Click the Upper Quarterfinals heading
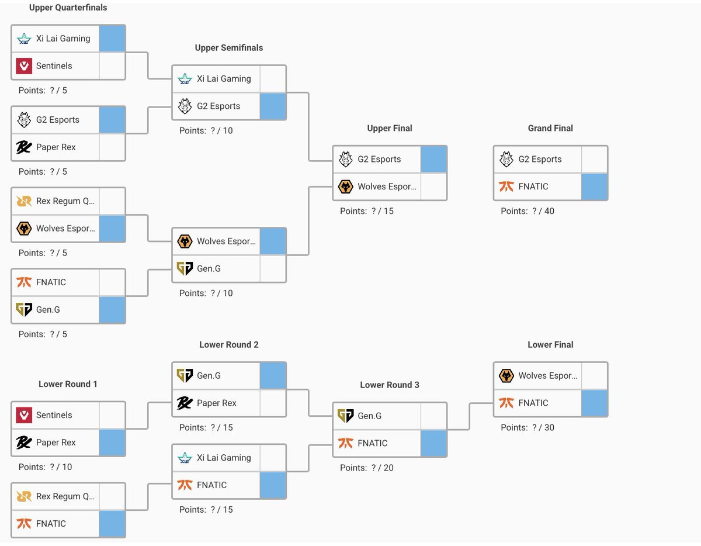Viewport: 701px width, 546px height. point(68,8)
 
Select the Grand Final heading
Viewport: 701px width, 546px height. point(550,128)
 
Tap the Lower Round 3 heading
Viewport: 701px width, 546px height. point(390,385)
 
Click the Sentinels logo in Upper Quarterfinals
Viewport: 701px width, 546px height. point(23,66)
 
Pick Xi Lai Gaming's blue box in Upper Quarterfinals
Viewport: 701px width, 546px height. point(112,39)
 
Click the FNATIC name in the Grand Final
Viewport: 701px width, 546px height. point(533,186)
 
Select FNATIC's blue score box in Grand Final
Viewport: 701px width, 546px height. point(594,186)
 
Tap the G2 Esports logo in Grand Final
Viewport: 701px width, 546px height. point(506,159)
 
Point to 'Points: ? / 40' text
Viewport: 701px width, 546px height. point(528,211)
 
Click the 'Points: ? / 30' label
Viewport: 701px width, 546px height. point(528,427)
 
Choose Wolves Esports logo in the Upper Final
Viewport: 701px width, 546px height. point(346,186)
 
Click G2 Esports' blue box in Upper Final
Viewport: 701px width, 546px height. point(433,159)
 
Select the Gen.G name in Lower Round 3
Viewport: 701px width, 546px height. point(370,416)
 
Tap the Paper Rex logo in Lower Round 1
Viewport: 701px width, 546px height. point(23,443)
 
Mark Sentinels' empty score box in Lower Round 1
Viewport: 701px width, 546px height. point(112,415)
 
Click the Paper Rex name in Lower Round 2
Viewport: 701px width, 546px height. point(217,403)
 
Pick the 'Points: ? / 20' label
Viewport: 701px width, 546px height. point(367,468)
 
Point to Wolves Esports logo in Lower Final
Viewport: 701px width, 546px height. point(506,375)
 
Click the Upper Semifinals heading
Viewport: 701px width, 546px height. point(229,48)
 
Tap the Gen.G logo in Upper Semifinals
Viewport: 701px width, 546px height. point(185,269)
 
